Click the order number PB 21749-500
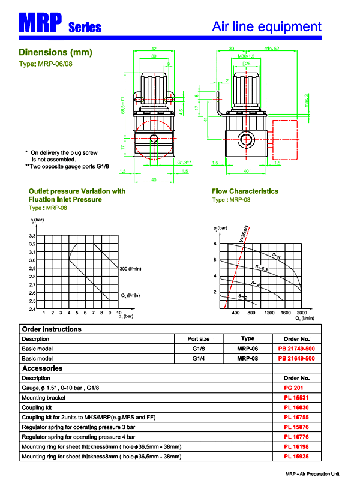click(x=296, y=349)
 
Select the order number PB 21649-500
click(x=296, y=358)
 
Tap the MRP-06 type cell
click(x=247, y=349)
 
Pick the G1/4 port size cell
click(x=199, y=358)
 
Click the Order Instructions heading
click(x=51, y=329)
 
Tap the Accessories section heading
click(x=42, y=368)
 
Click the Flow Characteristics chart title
click(x=245, y=191)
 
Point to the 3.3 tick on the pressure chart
click(x=32, y=236)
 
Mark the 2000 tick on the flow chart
click(x=302, y=313)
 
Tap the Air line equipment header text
click(x=266, y=26)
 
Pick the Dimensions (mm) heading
click(x=55, y=52)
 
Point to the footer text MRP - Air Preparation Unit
click(x=312, y=474)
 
